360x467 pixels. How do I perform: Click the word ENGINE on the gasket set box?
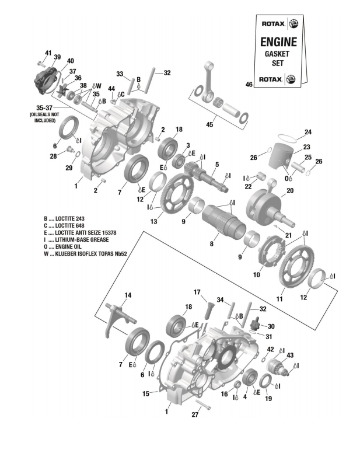pos(277,41)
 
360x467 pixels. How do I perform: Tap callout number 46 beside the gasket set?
pos(249,85)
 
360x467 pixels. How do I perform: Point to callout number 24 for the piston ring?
pos(307,132)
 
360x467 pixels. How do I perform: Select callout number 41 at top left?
pos(48,53)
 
